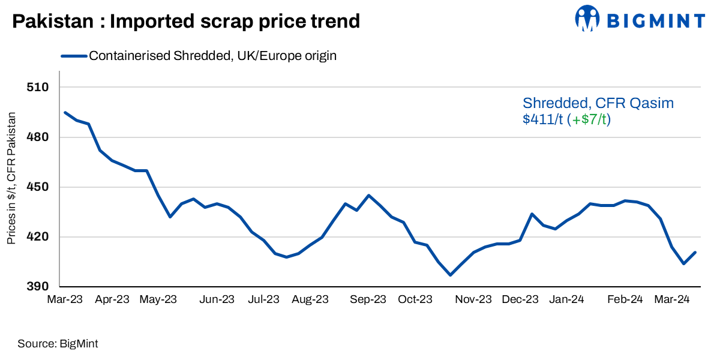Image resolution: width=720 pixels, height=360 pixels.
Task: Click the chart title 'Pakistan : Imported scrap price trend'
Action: coord(186,22)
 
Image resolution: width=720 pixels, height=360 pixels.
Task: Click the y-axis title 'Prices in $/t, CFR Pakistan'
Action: coord(11,178)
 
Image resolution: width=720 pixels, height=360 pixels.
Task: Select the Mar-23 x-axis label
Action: coord(65,299)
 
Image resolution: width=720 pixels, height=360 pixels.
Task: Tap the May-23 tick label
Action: coord(158,299)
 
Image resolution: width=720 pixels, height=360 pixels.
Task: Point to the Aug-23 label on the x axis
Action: coord(310,299)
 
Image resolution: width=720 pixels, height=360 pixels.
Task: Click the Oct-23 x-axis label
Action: coord(415,299)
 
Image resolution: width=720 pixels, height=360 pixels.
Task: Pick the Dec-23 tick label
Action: coord(520,299)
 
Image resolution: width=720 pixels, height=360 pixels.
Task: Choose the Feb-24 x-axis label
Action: coord(625,299)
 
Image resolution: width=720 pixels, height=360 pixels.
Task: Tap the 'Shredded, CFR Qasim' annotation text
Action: coord(598,103)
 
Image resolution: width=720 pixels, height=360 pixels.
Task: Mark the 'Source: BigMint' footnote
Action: coord(58,344)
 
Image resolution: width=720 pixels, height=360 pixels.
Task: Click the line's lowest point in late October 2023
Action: coord(450,275)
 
